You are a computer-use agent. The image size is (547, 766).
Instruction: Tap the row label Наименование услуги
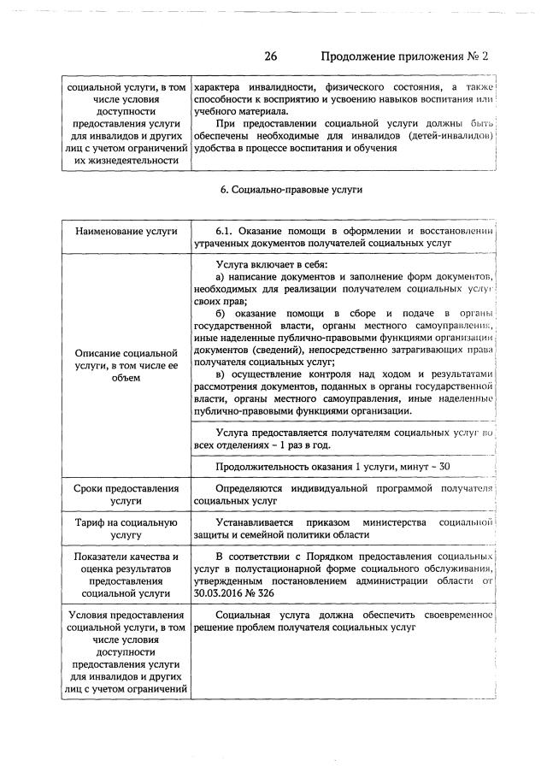tap(126, 231)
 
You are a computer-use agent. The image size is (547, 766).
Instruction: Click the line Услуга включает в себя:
tap(277, 264)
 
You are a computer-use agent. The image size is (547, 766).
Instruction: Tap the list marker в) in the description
tap(221, 374)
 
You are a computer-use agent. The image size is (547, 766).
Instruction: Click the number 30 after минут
tap(444, 465)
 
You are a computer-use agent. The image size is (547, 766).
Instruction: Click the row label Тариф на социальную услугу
tap(126, 528)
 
